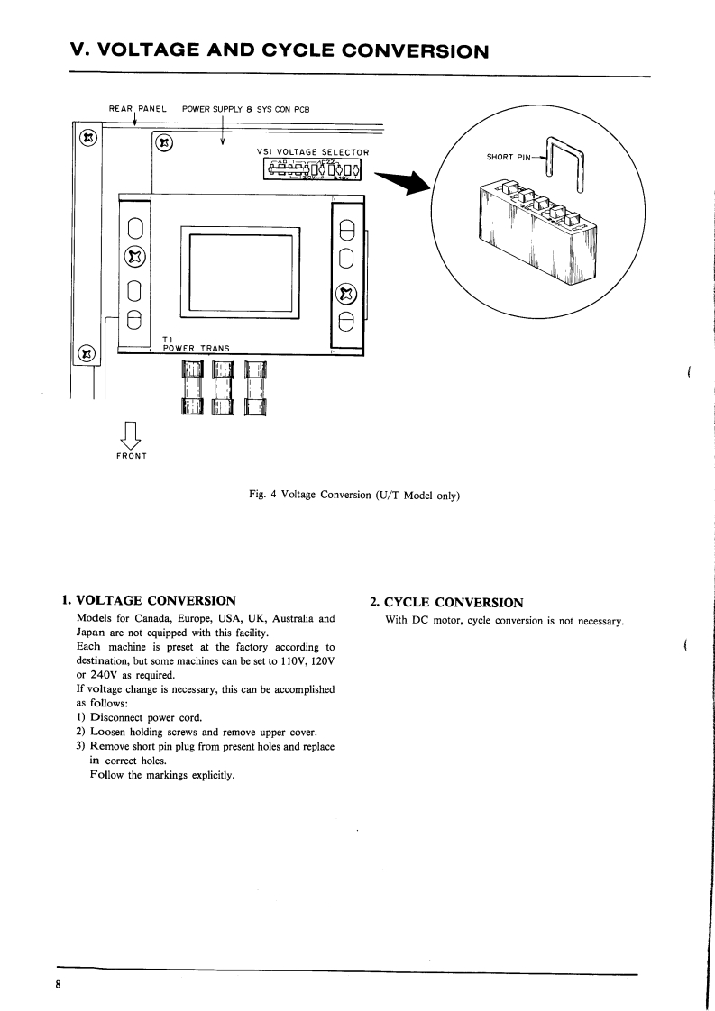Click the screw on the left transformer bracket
(x=133, y=257)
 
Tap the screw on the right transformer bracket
(x=346, y=294)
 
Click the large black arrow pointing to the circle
(x=403, y=182)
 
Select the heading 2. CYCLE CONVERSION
(x=446, y=602)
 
